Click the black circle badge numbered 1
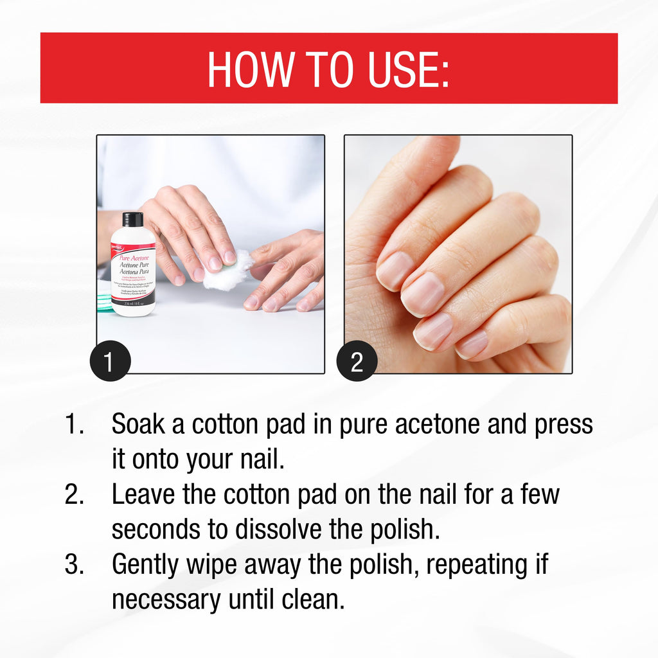pyautogui.click(x=110, y=361)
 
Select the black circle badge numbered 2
pyautogui.click(x=357, y=361)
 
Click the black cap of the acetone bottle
pyautogui.click(x=132, y=219)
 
